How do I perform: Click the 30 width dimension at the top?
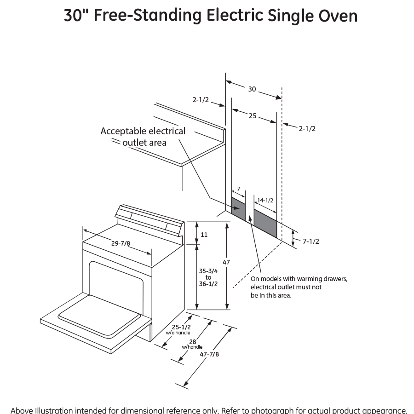(x=252, y=89)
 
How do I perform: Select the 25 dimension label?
(x=252, y=116)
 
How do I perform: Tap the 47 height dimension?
(x=226, y=262)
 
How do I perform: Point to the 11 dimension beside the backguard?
(x=204, y=235)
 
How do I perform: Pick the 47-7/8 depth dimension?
(x=210, y=354)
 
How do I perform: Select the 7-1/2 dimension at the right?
(x=310, y=241)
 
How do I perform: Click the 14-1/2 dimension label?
(x=265, y=200)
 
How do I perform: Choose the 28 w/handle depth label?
(x=192, y=343)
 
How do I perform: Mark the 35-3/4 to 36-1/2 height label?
(x=208, y=277)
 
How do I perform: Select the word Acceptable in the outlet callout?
(x=120, y=131)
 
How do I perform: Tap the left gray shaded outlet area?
(x=237, y=207)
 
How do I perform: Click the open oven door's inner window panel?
(x=99, y=315)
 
